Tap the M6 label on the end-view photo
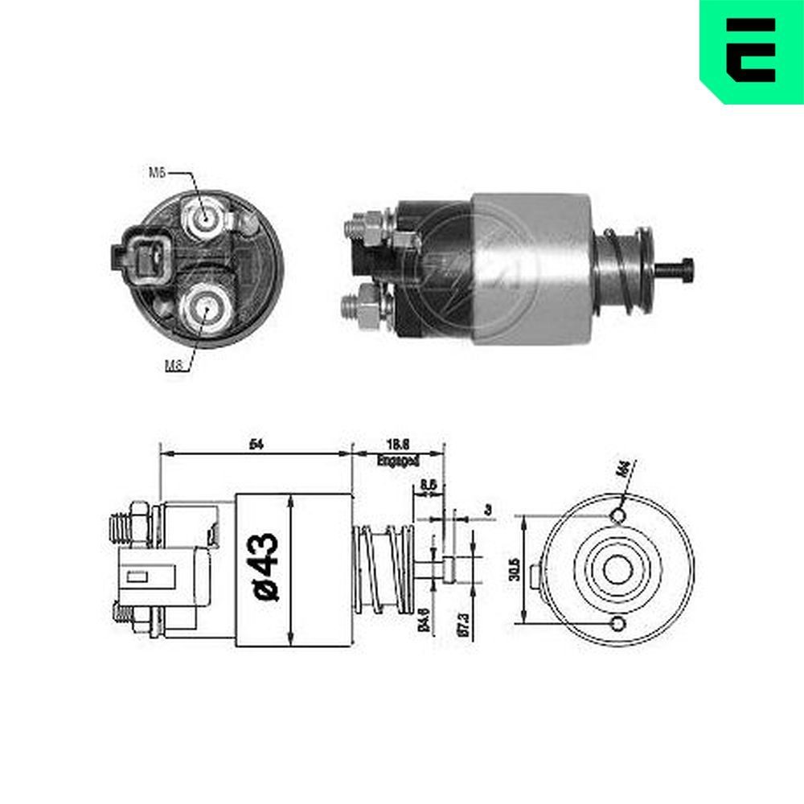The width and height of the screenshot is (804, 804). (158, 171)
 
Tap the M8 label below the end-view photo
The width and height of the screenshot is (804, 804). (173, 365)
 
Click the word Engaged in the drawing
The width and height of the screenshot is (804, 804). (397, 461)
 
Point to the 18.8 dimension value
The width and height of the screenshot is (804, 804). (397, 444)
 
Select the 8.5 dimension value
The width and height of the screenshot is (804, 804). (429, 486)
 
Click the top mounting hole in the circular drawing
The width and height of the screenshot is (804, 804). (617, 515)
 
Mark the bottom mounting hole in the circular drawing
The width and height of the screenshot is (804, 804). (617, 624)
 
